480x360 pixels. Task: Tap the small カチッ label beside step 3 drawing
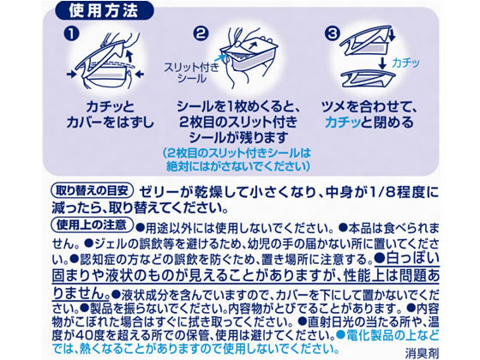point(405,63)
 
